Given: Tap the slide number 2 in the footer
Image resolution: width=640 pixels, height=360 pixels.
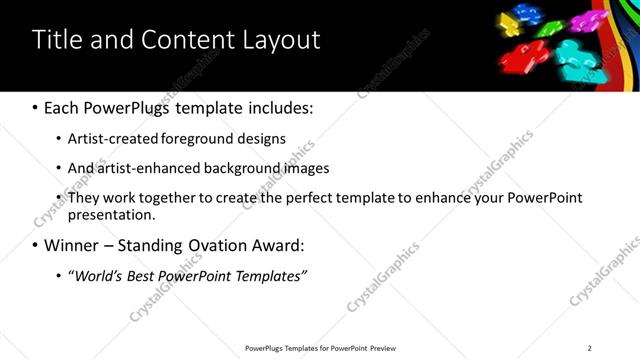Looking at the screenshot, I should pyautogui.click(x=589, y=348).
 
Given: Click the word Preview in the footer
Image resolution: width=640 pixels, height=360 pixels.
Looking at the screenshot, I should pyautogui.click(x=379, y=348).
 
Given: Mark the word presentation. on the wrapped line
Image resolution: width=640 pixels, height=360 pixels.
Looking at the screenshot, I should pyautogui.click(x=112, y=215).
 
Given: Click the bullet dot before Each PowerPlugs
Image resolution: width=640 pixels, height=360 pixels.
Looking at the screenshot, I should pyautogui.click(x=37, y=107).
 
